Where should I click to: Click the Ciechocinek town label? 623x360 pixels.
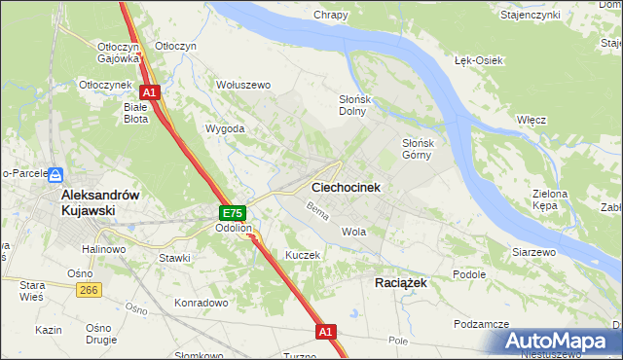tap(346, 187)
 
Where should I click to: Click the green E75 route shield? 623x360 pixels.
tap(232, 213)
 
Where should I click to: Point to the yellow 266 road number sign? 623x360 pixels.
tap(90, 289)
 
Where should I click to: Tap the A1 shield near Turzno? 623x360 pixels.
tap(326, 332)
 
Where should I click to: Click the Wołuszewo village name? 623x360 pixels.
tap(242, 85)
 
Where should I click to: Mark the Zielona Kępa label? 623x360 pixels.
tap(550, 199)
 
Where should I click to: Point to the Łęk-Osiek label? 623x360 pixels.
tap(478, 60)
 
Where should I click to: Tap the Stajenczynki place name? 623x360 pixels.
tap(557, 16)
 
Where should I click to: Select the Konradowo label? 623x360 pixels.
tap(201, 303)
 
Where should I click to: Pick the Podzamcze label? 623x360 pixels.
tap(482, 324)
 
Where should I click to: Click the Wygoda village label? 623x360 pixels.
tap(225, 128)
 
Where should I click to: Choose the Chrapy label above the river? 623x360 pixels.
tap(331, 15)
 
